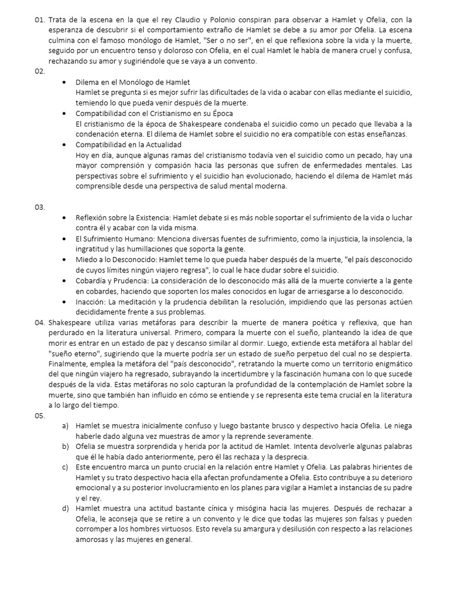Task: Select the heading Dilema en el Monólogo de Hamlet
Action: (x=132, y=81)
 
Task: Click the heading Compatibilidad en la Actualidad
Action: (x=128, y=144)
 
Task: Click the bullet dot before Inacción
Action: (x=64, y=302)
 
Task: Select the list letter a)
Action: (x=66, y=426)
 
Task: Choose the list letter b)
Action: (x=66, y=446)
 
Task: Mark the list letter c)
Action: (x=66, y=467)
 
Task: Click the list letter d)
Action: (x=66, y=509)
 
